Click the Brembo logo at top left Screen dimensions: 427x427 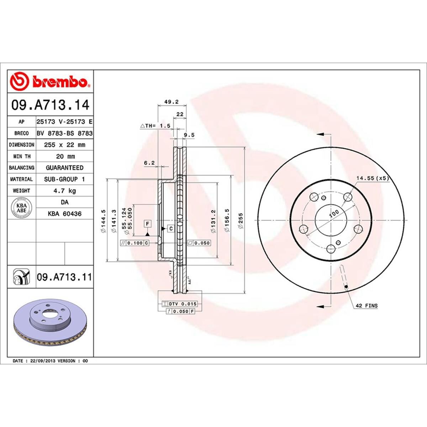click(50, 81)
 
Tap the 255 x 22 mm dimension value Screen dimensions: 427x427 click(64, 145)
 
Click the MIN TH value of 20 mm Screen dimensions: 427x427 click(64, 156)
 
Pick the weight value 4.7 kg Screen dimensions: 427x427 click(64, 191)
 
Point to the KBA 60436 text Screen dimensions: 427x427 click(64, 214)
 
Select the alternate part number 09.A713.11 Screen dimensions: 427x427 click(64, 277)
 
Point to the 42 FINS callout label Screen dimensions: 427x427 click(366, 306)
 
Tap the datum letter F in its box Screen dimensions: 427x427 click(147, 224)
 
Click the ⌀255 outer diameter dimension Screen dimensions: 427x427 click(241, 221)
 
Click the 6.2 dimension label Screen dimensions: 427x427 click(149, 163)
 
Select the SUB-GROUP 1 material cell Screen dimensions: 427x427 click(64, 179)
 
